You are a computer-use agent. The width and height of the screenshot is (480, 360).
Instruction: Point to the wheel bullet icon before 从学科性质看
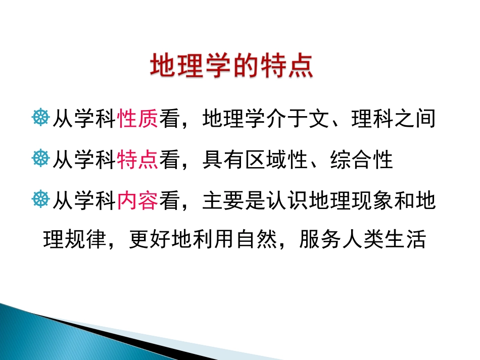click(40, 120)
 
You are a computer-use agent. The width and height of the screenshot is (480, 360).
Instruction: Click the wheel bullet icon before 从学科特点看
click(40, 161)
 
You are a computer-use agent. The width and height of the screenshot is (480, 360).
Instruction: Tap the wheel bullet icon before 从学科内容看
click(40, 201)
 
